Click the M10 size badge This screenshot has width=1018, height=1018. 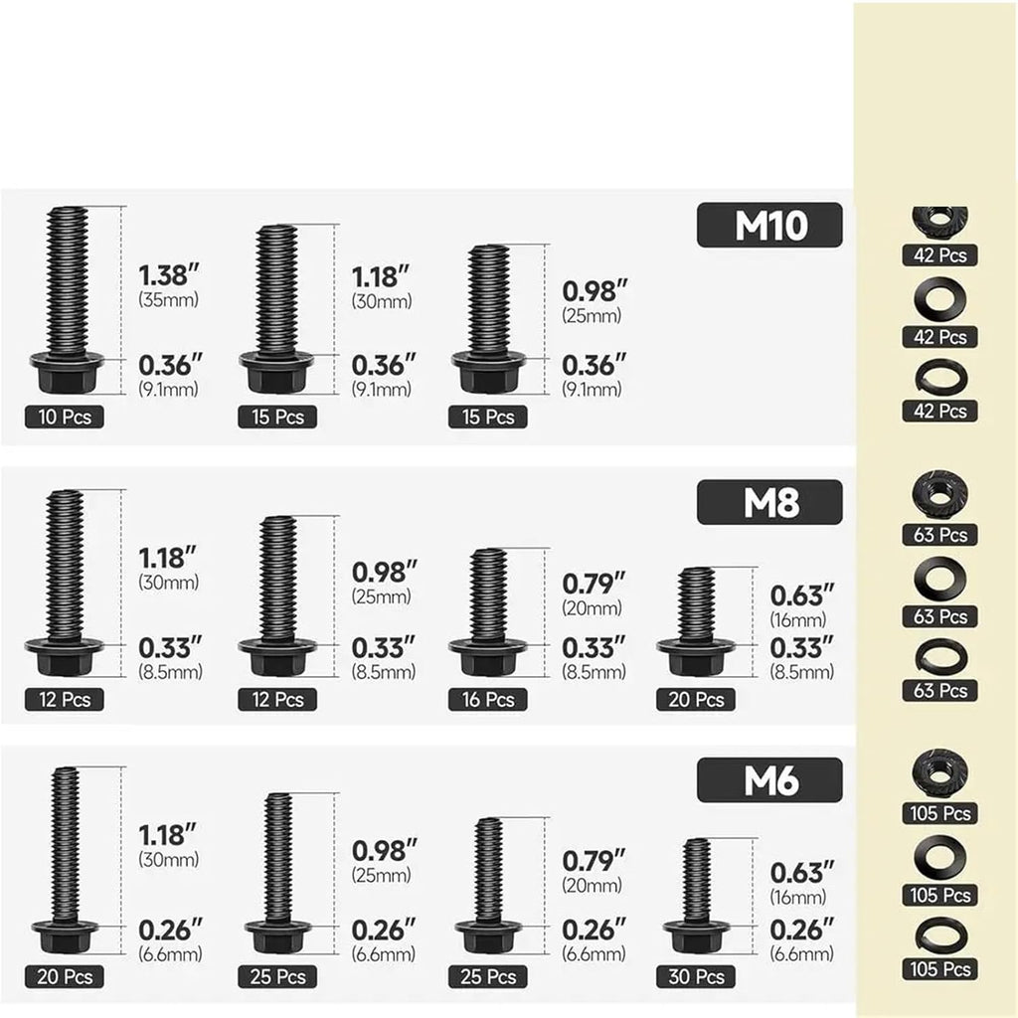[769, 225]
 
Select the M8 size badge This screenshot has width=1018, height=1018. [769, 502]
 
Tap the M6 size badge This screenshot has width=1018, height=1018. [769, 780]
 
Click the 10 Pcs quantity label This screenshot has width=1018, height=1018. [65, 417]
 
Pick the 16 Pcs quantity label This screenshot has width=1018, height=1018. [487, 699]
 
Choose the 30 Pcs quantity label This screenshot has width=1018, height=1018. [696, 976]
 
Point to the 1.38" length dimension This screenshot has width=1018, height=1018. [168, 275]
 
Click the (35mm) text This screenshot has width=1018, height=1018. [168, 300]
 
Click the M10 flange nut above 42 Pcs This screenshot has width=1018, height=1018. [939, 221]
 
